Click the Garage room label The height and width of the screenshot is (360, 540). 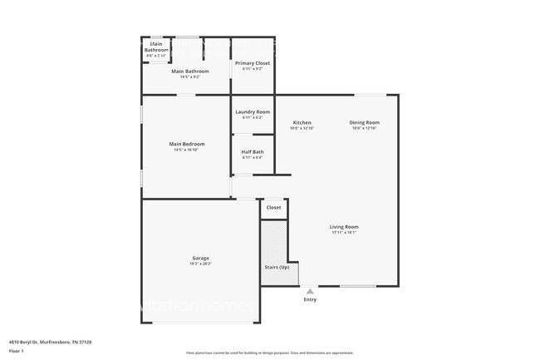click(x=200, y=258)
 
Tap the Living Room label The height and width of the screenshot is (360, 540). click(x=344, y=226)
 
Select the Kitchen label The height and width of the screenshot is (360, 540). click(x=302, y=122)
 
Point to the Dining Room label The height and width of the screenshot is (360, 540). click(x=364, y=122)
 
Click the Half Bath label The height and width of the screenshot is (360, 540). click(x=253, y=151)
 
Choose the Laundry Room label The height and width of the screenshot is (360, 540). click(x=253, y=111)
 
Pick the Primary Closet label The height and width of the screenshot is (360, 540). click(x=252, y=62)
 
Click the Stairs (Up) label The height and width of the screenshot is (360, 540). click(x=277, y=268)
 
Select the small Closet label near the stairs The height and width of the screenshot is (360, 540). click(x=273, y=207)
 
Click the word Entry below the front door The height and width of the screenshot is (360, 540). click(x=310, y=299)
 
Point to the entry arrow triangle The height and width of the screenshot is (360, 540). click(x=310, y=292)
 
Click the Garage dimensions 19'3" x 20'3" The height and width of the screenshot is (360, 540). click(x=200, y=264)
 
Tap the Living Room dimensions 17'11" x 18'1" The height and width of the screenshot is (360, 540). click(x=344, y=232)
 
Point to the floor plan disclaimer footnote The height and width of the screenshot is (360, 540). click(x=270, y=353)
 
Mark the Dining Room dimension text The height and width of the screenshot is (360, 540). click(x=364, y=128)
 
